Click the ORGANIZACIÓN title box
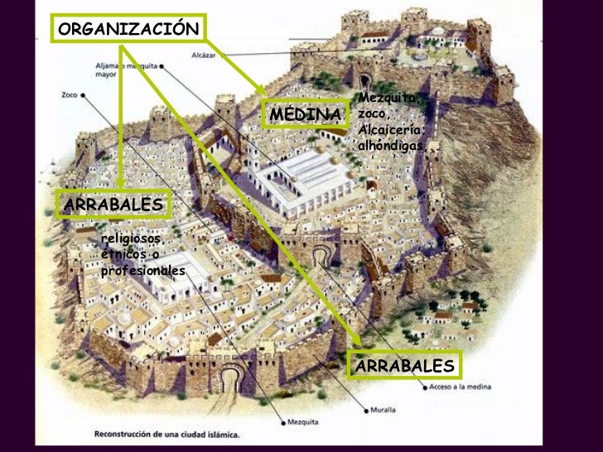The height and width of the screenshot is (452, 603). tap(128, 27)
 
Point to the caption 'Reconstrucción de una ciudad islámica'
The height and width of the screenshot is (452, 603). tap(166, 433)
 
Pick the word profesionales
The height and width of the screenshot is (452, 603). tap(142, 271)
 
